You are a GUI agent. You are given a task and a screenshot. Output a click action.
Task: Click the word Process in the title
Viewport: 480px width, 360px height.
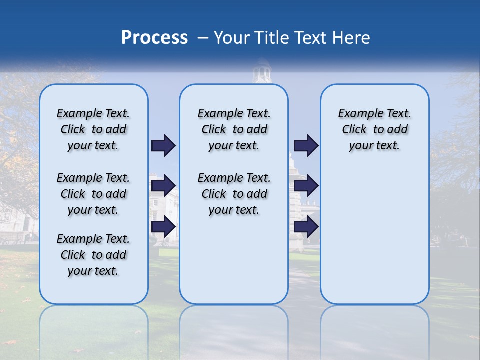click(x=154, y=38)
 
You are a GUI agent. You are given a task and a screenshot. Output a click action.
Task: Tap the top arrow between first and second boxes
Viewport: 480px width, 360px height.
click(x=163, y=145)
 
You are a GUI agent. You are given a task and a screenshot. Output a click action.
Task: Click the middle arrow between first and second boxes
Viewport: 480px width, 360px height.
click(x=163, y=186)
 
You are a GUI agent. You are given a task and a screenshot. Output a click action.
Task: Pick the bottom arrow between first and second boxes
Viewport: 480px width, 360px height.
click(x=163, y=227)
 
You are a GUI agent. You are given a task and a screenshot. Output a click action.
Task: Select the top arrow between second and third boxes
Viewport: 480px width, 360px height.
click(x=306, y=145)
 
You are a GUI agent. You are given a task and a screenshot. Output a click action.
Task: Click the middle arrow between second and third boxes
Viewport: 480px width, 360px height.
click(x=306, y=186)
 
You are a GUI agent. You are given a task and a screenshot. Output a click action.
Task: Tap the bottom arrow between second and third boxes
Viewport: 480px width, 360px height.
click(x=306, y=227)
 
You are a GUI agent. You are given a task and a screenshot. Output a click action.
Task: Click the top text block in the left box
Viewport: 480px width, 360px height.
click(x=93, y=129)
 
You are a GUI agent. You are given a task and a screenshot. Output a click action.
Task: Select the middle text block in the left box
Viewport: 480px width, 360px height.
click(x=93, y=194)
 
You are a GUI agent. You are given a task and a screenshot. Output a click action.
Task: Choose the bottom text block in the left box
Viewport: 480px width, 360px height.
click(x=93, y=255)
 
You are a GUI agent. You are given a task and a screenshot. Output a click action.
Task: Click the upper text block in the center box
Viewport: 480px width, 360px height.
click(x=234, y=129)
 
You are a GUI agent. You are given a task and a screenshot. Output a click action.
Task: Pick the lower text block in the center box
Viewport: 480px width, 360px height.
click(x=234, y=194)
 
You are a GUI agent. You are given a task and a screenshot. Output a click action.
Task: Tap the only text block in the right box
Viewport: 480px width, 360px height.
click(x=374, y=129)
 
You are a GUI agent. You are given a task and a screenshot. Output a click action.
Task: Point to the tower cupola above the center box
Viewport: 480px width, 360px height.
click(x=261, y=73)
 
